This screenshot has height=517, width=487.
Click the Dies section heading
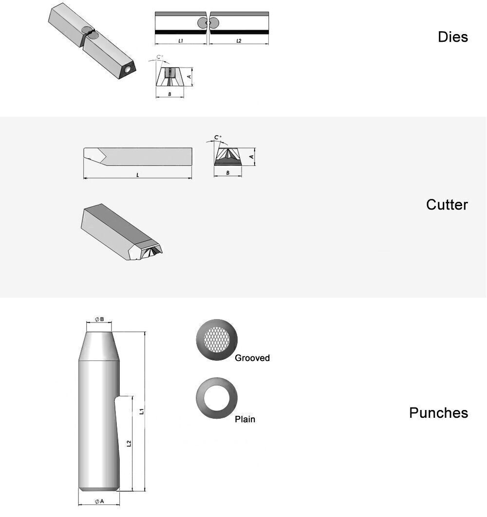pos(452,37)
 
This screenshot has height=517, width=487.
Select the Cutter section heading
pos(447,205)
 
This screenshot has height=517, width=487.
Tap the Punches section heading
pos(438,413)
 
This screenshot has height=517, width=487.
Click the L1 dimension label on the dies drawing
pos(181,41)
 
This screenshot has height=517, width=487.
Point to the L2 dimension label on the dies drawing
pos(239,41)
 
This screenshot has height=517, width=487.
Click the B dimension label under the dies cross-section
pos(169,94)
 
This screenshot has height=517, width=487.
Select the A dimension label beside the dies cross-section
pos(189,77)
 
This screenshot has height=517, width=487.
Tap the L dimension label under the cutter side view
pos(138,175)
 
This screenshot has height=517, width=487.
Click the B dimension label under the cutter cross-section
pos(228,173)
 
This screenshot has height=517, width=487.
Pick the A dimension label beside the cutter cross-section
pos(252,157)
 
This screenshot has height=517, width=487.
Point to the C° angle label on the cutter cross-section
pos(218,137)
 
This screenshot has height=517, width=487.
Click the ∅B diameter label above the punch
pos(99,319)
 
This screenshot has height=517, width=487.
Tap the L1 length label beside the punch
pos(142,411)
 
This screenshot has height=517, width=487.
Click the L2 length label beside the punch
pos(129,444)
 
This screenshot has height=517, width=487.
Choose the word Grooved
pos(252,358)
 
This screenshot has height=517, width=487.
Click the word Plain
pos(245,419)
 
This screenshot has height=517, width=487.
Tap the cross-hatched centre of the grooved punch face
pos(217,339)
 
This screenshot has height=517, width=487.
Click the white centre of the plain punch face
pos(217,398)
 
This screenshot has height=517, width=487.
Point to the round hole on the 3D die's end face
pos(128,70)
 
